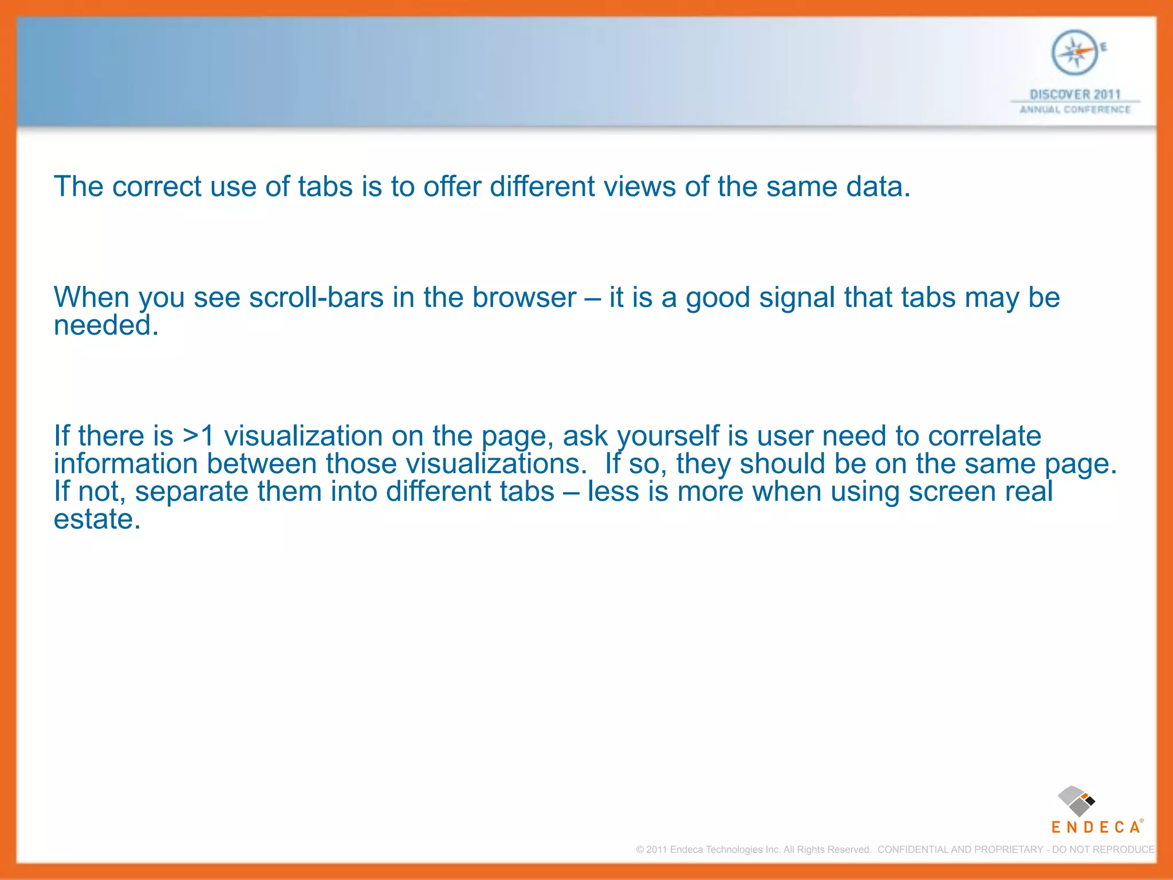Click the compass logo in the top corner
click(x=1075, y=53)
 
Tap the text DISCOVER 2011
click(x=1075, y=95)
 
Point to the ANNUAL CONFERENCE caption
click(x=1075, y=109)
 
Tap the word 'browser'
click(x=524, y=297)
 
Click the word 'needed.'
click(x=106, y=325)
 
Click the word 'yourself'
click(x=667, y=436)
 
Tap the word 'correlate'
click(x=984, y=436)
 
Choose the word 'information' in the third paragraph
click(x=125, y=463)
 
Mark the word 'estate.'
click(x=97, y=519)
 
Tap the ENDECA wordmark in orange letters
click(x=1096, y=827)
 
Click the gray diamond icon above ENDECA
click(x=1076, y=801)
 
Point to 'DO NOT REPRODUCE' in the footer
click(x=1103, y=850)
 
